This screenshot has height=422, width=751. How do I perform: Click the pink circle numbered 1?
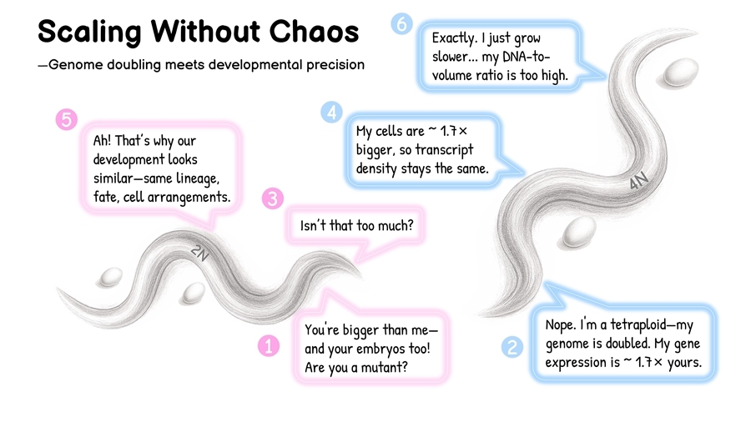coord(268,344)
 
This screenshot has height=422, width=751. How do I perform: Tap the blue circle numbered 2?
coord(512,347)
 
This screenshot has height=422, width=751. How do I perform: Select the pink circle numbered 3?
coord(274,198)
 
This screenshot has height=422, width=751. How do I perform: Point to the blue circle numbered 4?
coord(331,112)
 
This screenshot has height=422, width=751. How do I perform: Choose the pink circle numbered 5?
coord(65,119)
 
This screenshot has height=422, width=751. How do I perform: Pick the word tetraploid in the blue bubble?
coord(636,324)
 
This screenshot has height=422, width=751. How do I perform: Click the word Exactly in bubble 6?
coord(453,38)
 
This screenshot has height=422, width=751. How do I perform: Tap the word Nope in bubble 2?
coord(560,324)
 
